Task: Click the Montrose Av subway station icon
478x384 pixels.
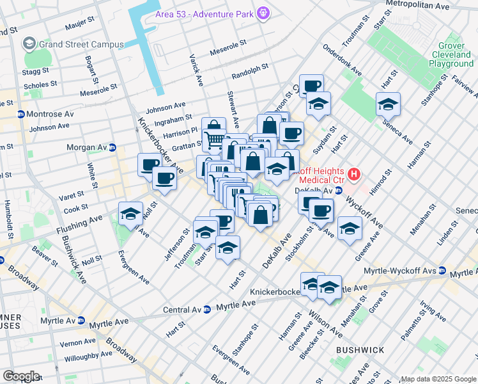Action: pyautogui.click(x=21, y=114)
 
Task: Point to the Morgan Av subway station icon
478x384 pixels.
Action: pyautogui.click(x=112, y=147)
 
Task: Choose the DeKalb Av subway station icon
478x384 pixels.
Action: pyautogui.click(x=339, y=190)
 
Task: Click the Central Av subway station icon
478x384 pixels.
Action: pyautogui.click(x=206, y=310)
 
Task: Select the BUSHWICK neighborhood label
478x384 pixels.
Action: pyautogui.click(x=359, y=350)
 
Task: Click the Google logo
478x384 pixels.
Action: pyautogui.click(x=20, y=376)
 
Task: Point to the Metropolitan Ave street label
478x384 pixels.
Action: pyautogui.click(x=424, y=5)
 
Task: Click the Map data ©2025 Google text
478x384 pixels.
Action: pyautogui.click(x=438, y=379)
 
